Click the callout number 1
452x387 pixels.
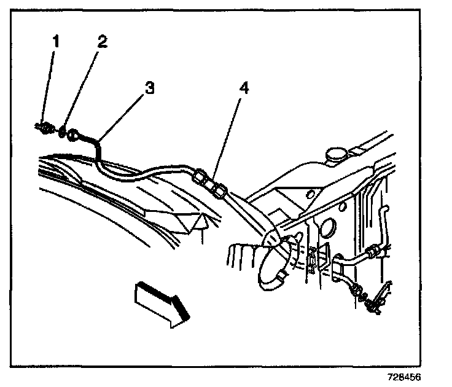(x=56, y=42)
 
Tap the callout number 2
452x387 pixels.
(x=101, y=42)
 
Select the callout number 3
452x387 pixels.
(x=148, y=88)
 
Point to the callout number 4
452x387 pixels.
(x=244, y=88)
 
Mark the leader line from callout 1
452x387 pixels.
(x=51, y=86)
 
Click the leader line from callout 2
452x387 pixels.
(x=82, y=86)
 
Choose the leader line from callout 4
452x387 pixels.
(x=230, y=135)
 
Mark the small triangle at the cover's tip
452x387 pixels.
(x=201, y=221)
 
